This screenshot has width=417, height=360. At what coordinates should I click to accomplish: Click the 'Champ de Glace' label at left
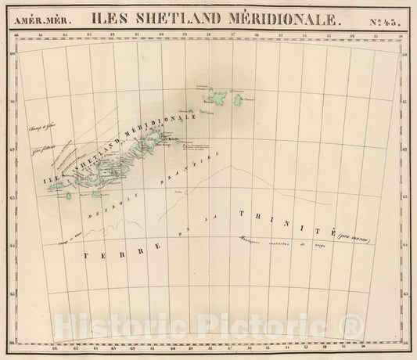(38, 128)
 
